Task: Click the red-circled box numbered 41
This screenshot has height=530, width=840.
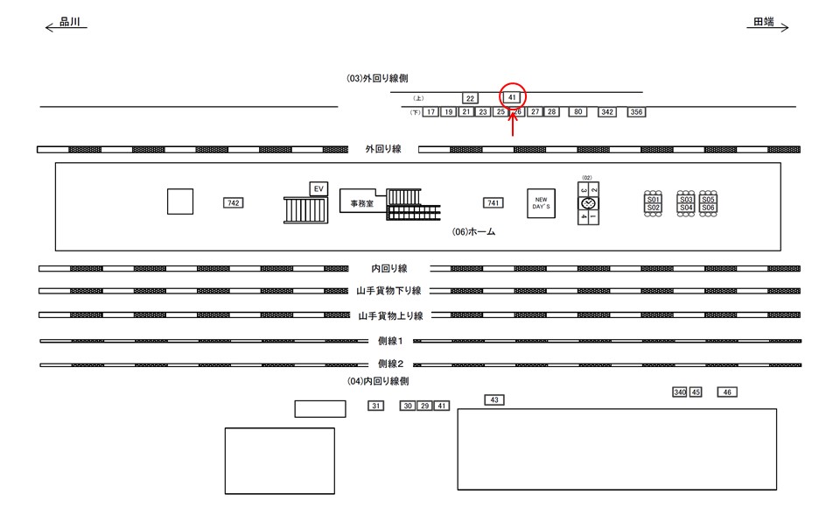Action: [x=512, y=96]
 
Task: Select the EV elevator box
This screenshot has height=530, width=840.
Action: [x=318, y=188]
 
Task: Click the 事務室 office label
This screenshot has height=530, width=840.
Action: [x=356, y=203]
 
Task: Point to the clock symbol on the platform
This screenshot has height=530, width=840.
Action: [x=588, y=203]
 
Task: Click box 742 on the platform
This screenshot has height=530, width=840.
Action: [x=233, y=203]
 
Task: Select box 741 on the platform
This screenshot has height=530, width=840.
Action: [x=493, y=203]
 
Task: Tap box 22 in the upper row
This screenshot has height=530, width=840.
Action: [x=470, y=98]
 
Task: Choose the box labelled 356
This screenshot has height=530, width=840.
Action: [x=636, y=112]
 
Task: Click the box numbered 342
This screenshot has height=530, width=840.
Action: [x=607, y=112]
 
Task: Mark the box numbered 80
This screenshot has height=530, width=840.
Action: [x=577, y=112]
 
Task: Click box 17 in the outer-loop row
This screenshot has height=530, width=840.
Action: [x=430, y=112]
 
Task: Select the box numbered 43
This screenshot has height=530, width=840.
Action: [x=494, y=399]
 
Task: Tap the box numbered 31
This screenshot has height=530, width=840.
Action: [x=376, y=406]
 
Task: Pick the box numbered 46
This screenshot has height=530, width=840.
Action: [x=728, y=392]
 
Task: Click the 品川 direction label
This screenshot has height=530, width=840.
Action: [x=71, y=24]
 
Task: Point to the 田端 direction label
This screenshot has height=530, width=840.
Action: [x=764, y=24]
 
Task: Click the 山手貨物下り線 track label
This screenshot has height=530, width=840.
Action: [x=389, y=291]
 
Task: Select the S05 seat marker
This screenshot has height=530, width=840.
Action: [x=709, y=200]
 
